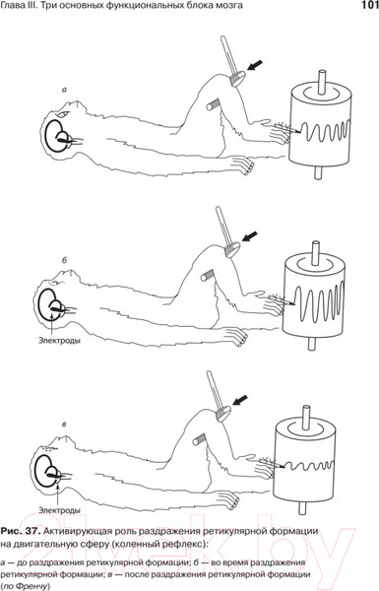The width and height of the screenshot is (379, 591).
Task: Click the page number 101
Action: [x=369, y=5]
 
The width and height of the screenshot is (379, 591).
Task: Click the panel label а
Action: [x=64, y=90]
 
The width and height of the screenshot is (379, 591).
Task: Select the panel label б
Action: [x=64, y=260]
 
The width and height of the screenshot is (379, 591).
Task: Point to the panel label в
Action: [x=64, y=425]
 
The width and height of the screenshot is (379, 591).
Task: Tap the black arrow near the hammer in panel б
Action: [x=250, y=236]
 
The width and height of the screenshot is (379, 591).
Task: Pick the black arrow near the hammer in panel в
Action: [x=240, y=400]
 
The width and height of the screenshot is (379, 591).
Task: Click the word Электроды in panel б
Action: [x=59, y=341]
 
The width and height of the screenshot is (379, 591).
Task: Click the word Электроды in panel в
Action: [x=59, y=510]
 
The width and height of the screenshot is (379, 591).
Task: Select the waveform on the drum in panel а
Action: [x=326, y=132]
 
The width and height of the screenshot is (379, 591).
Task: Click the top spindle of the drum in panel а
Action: [x=323, y=82]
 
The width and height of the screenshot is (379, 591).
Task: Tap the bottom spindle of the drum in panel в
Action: [x=302, y=506]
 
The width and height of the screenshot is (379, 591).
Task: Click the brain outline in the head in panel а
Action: [x=57, y=135]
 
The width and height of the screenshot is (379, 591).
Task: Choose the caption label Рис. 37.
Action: [x=20, y=531]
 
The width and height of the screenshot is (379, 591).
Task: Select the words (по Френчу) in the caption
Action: [x=26, y=586]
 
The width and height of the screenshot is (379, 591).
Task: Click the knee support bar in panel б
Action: [x=209, y=275]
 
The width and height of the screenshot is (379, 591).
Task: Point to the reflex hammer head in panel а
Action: [x=238, y=78]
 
